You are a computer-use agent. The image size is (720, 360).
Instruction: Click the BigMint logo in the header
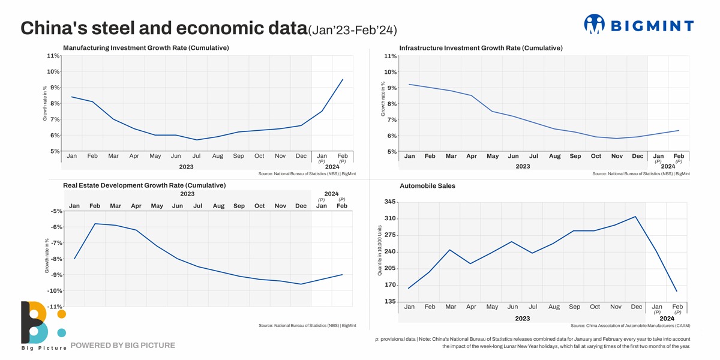(638, 25)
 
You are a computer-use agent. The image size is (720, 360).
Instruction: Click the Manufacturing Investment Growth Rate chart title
(146, 47)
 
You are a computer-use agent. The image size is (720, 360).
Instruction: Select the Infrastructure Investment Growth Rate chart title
(481, 48)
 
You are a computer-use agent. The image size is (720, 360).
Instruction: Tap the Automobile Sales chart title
(427, 186)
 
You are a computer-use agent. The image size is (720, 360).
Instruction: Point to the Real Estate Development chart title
(144, 185)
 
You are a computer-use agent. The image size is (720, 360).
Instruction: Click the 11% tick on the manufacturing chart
(53, 56)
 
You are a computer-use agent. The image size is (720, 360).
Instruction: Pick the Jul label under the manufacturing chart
(197, 156)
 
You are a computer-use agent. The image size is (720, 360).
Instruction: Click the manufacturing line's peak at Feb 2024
(343, 79)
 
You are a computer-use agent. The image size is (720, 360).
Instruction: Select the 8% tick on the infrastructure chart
(390, 104)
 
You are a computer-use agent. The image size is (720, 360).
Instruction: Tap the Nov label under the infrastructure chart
(617, 157)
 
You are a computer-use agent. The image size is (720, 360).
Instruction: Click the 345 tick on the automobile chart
(390, 202)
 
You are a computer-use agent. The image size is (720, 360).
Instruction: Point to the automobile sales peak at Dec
(635, 217)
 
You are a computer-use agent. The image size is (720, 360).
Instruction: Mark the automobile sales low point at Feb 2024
(676, 292)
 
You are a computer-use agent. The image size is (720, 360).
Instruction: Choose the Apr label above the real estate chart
(136, 206)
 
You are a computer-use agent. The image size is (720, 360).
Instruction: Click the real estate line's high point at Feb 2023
(95, 224)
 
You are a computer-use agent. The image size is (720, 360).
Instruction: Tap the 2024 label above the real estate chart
(331, 194)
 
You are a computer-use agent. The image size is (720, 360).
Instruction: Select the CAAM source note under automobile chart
(630, 326)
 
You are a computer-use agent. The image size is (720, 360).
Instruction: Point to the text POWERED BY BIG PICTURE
(122, 346)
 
